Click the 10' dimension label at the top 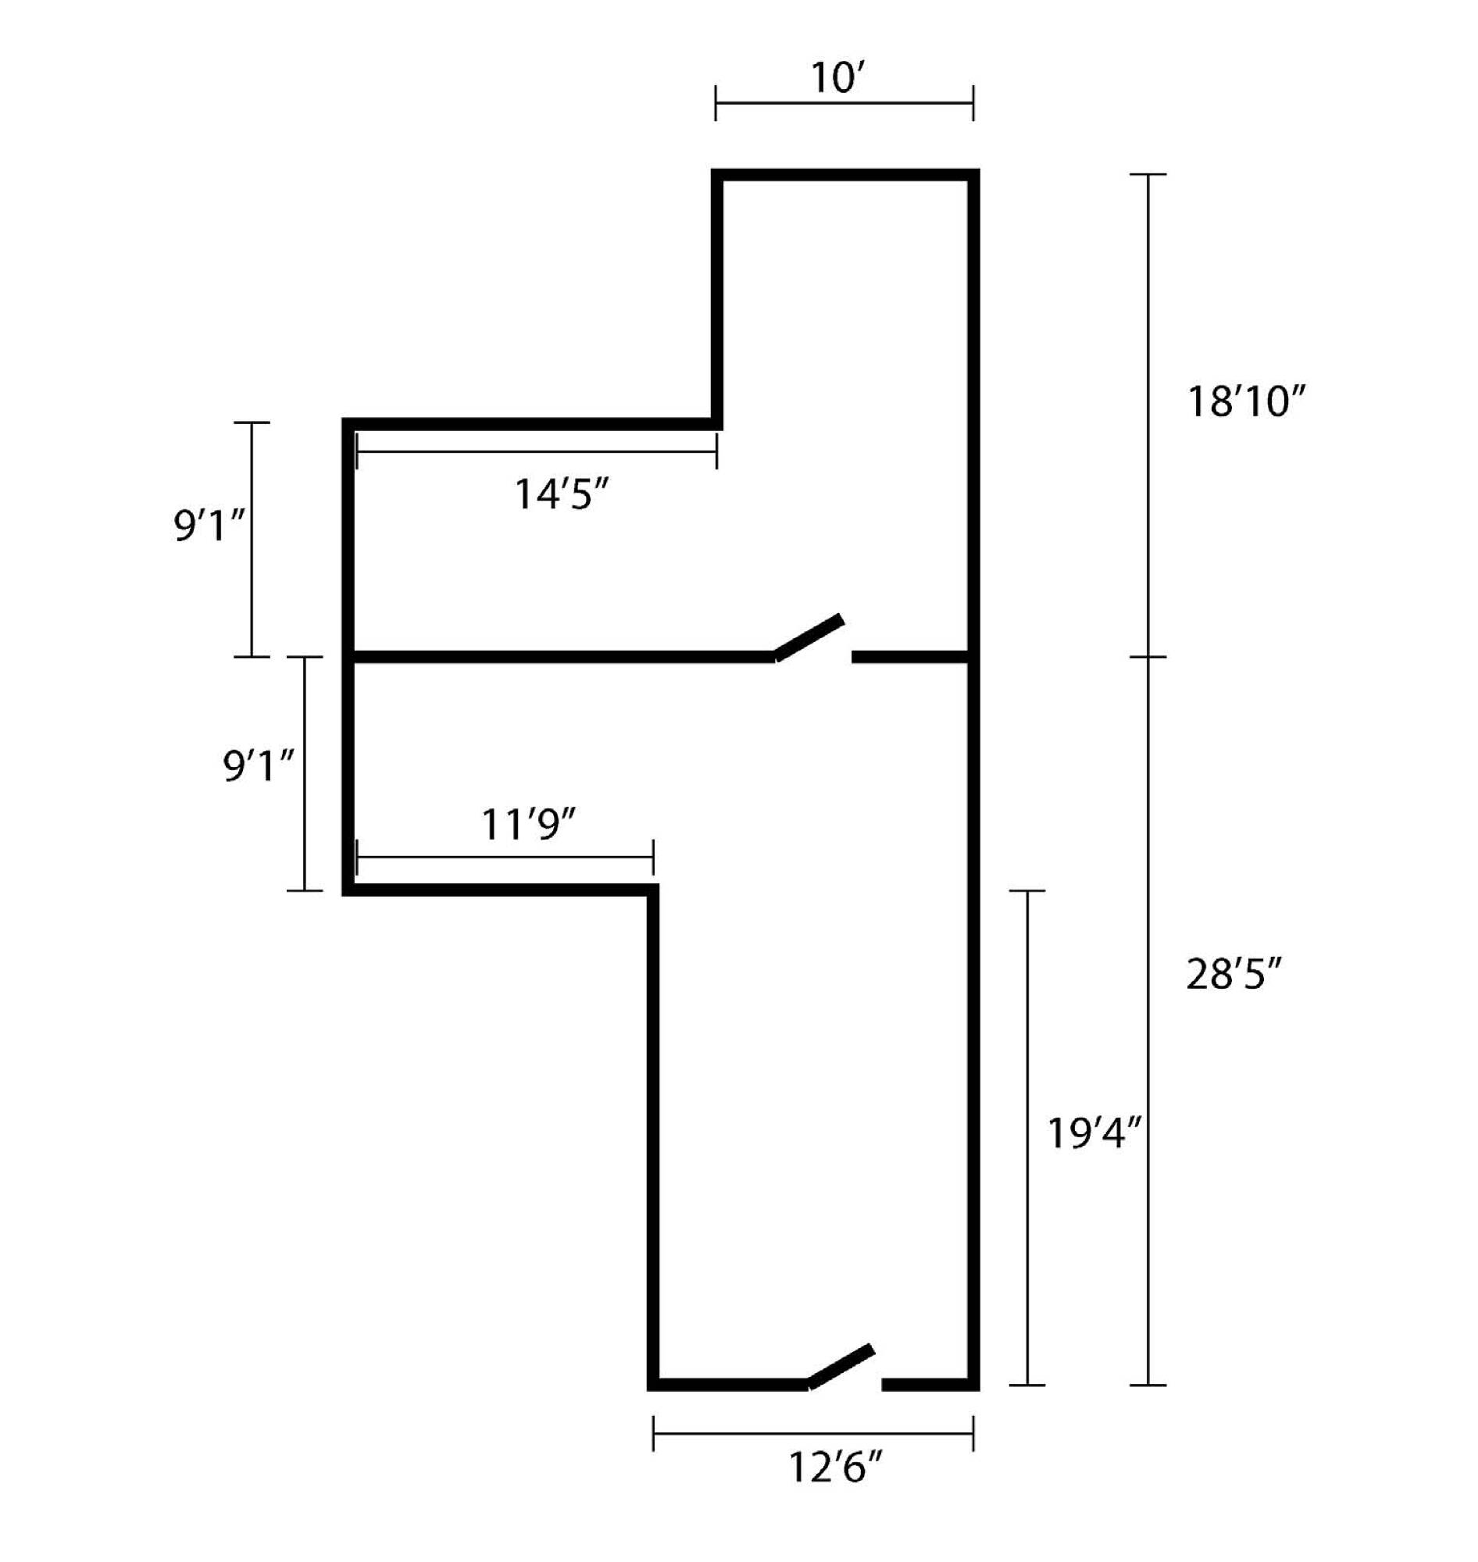pyautogui.click(x=838, y=78)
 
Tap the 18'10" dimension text pyautogui.click(x=1246, y=401)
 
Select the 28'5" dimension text pyautogui.click(x=1234, y=975)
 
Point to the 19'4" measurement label pyautogui.click(x=1094, y=1134)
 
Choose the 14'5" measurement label pyautogui.click(x=562, y=494)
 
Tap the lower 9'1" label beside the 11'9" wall pyautogui.click(x=259, y=765)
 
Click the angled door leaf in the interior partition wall pyautogui.click(x=809, y=637)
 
